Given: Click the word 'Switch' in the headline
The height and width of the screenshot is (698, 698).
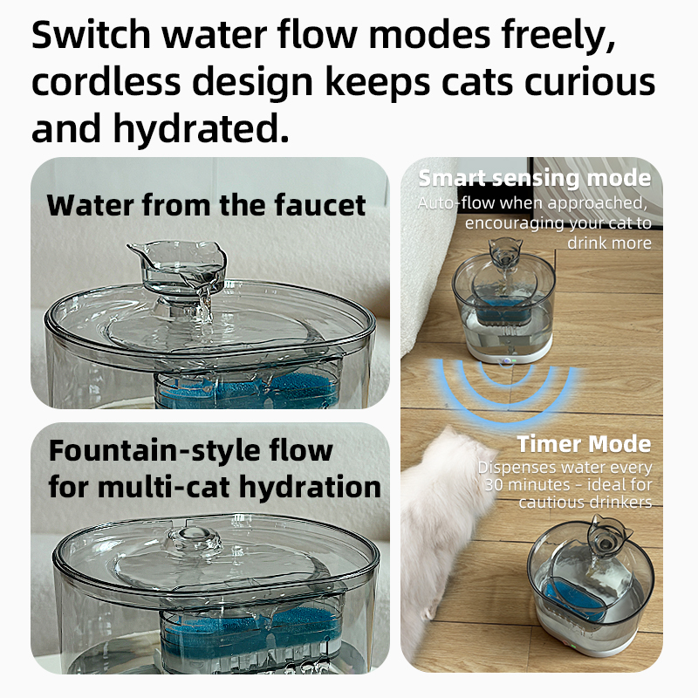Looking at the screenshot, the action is coord(92,35).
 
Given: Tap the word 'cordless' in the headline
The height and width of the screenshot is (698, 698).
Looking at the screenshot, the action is coord(106,82).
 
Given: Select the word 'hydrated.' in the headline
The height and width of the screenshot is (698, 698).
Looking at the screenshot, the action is coord(201,128).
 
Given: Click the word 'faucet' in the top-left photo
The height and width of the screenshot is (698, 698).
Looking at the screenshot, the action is coord(320,205).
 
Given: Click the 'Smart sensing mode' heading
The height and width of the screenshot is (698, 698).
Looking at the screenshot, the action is coord(535,178).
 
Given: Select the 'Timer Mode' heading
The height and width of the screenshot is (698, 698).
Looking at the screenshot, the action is coord(584,444).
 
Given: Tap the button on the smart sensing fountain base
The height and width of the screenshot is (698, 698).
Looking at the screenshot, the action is coord(507,360).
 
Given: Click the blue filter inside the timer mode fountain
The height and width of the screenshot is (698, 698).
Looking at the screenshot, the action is coord(573,598).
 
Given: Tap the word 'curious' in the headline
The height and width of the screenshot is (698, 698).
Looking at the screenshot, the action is coord(590,82).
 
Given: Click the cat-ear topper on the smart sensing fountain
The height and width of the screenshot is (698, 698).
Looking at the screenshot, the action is coord(505,252).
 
